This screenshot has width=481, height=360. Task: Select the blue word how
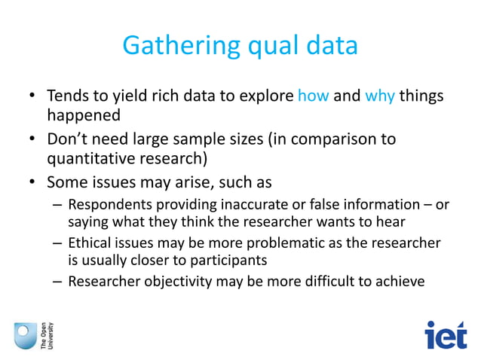(314, 96)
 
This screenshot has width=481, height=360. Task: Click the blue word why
(380, 96)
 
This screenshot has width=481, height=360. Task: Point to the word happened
(84, 116)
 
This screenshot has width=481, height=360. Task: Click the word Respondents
(107, 205)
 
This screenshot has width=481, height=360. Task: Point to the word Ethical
(89, 244)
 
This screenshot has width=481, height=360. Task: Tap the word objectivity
(171, 282)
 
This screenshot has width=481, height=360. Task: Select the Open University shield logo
(25, 334)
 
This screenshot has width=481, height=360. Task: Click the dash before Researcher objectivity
(58, 282)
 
